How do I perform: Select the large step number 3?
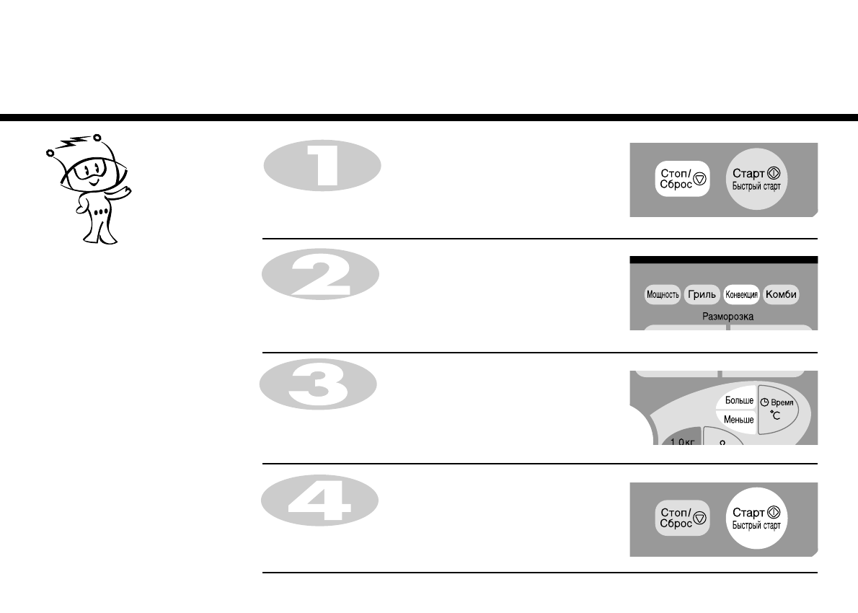coord(318,387)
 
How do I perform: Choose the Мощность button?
coord(662,295)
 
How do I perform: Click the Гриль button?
coord(702,294)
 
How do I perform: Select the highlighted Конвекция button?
coord(740,294)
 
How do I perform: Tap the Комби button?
coord(782,294)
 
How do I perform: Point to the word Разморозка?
coord(727,316)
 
